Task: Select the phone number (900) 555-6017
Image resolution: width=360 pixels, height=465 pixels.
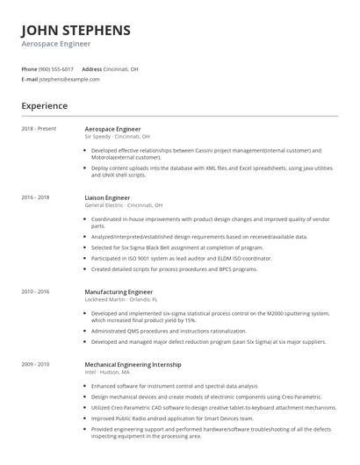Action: coord(56,68)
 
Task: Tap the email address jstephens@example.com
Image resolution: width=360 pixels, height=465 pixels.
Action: coord(69,79)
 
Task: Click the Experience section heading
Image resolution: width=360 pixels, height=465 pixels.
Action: coord(44,106)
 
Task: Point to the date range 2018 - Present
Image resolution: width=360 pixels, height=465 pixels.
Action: coord(40,129)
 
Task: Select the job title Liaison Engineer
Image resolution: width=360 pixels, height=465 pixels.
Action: coord(107,198)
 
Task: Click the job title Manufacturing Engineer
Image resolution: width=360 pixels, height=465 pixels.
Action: coord(119,291)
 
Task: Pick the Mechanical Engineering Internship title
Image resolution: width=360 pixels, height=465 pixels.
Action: coord(133,363)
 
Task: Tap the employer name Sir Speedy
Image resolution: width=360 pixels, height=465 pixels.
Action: coord(97,137)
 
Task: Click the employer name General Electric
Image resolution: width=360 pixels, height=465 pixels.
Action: coord(103,206)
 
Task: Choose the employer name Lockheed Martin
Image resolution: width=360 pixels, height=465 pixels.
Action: coord(103,299)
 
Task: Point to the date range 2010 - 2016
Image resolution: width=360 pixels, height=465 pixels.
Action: coord(36,291)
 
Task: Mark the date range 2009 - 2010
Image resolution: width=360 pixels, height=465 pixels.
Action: coord(36,363)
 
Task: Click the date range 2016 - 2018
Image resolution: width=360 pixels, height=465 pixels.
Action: coord(36,198)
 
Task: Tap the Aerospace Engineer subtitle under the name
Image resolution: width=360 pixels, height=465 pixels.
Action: coord(56,43)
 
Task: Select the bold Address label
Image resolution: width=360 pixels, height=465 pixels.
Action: coord(92,68)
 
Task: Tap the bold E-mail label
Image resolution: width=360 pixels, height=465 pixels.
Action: coord(30,79)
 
